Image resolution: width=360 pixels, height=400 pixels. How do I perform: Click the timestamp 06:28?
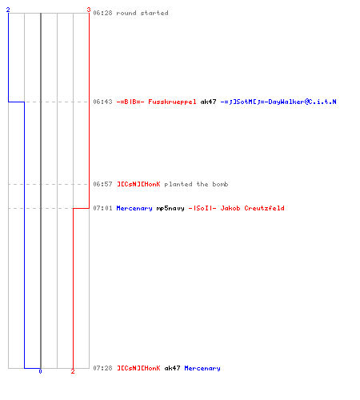coord(102,13)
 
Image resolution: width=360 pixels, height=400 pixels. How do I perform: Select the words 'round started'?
coord(142,13)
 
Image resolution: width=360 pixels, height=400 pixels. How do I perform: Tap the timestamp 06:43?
coord(102,102)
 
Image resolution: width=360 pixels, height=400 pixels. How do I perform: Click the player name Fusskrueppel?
coord(172,102)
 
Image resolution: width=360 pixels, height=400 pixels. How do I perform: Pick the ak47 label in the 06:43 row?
coord(208,102)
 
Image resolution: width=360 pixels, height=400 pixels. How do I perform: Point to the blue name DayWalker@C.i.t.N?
coord(302,102)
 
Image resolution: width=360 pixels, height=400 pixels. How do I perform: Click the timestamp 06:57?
coord(102,184)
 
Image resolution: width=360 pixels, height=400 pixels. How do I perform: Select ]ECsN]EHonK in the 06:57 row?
coord(138,184)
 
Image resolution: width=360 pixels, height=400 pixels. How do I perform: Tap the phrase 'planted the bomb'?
coord(196,184)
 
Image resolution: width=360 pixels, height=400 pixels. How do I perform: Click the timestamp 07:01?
coord(102,208)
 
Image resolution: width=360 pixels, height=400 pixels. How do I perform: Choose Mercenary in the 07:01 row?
coord(134,208)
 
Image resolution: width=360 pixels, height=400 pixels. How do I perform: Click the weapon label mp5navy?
coord(170,209)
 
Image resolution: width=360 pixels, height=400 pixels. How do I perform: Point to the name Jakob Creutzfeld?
coord(252,208)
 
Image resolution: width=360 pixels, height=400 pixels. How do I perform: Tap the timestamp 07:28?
coord(102,368)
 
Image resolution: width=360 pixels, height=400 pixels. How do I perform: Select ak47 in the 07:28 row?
coord(172,368)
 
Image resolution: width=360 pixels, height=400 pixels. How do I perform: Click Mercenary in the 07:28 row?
coord(202,368)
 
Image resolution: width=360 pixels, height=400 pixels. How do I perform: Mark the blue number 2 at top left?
coord(8,10)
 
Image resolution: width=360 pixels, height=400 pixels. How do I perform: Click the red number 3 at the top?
coord(89,10)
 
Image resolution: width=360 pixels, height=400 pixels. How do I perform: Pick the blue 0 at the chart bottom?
coord(40,371)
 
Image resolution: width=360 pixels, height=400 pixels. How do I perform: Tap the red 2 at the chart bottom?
coord(73,371)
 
